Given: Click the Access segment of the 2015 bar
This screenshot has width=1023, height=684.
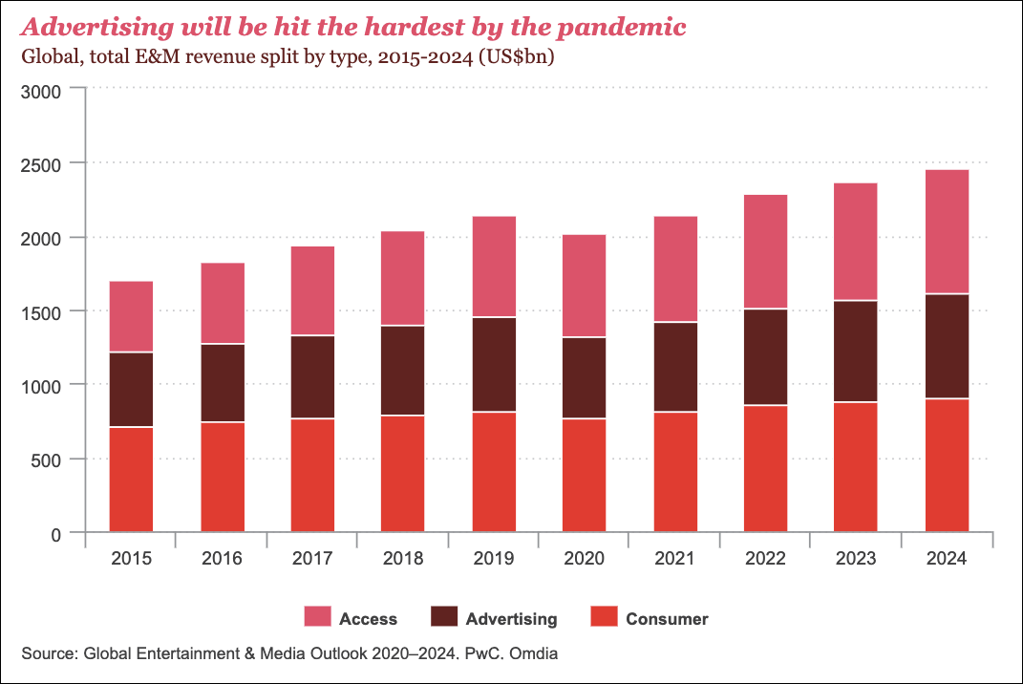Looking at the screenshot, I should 132,316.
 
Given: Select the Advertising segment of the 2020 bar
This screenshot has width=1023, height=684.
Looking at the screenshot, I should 585,377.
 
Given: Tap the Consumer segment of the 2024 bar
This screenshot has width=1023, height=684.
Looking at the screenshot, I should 947,464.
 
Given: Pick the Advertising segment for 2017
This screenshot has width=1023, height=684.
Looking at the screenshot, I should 312,376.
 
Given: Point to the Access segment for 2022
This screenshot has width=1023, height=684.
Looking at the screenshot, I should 766,251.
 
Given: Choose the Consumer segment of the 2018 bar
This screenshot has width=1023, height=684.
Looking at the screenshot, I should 403,473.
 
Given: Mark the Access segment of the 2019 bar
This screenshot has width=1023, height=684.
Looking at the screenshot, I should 494,267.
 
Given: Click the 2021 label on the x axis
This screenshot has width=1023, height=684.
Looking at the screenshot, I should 674,559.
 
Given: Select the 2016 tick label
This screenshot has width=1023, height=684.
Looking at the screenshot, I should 222,559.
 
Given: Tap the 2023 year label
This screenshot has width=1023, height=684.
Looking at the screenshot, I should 856,559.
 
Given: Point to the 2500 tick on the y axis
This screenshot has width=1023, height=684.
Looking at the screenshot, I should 41,164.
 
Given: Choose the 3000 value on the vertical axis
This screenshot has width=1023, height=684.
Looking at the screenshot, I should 41,91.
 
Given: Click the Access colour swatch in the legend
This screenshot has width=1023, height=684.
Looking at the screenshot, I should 317,618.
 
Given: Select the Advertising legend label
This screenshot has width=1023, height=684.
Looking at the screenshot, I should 511,619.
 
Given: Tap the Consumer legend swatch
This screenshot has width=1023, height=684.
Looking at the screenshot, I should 605,618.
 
